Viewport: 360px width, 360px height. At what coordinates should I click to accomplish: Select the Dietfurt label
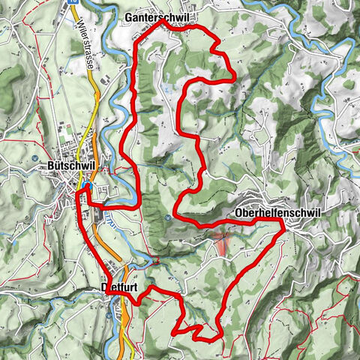(x=119, y=286)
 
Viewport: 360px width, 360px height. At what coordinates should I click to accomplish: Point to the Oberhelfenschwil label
(x=277, y=213)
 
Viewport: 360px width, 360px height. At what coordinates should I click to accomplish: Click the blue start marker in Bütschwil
(x=87, y=187)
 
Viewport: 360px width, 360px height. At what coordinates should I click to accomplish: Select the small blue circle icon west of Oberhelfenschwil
(x=169, y=218)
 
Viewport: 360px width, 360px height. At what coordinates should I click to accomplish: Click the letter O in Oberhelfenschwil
(x=238, y=213)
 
